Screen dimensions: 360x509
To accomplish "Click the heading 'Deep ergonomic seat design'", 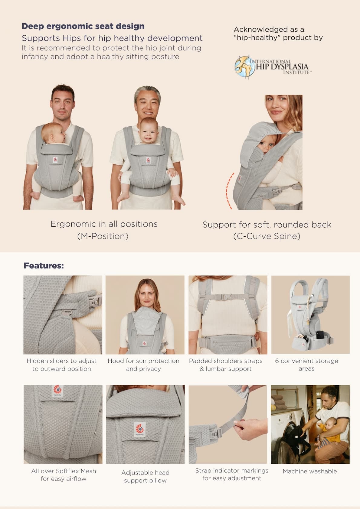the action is pyautogui.click(x=83, y=26).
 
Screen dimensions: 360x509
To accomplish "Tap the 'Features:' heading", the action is pyautogui.click(x=44, y=265).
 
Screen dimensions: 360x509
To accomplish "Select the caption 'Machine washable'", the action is pyautogui.click(x=310, y=471).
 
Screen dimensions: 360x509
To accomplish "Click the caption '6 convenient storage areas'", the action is pyautogui.click(x=306, y=365).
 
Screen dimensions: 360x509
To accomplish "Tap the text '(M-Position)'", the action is pyautogui.click(x=103, y=236).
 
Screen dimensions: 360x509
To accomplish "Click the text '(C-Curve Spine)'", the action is pyautogui.click(x=267, y=236).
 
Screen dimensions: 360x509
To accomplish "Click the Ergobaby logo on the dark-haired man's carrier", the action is pyautogui.click(x=55, y=160).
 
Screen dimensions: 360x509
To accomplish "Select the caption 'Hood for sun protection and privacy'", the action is pyautogui.click(x=143, y=365).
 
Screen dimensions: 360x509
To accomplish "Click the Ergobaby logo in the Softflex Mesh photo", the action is pyautogui.click(x=57, y=391).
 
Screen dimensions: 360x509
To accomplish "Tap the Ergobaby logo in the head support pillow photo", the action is pyautogui.click(x=140, y=429).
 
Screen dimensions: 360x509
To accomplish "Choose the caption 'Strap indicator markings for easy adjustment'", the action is pyautogui.click(x=232, y=475).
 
